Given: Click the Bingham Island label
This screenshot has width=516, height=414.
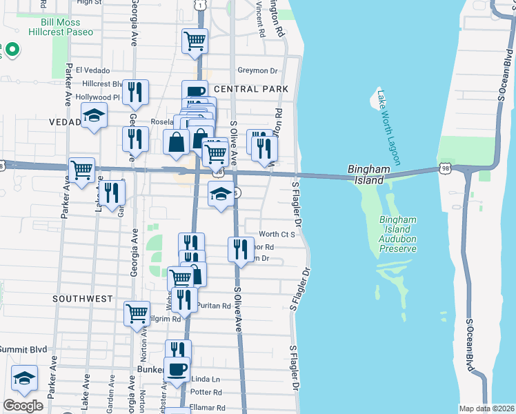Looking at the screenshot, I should (364, 175).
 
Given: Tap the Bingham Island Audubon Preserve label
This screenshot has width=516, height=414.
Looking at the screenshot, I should (399, 234).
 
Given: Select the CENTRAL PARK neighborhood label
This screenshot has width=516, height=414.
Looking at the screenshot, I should (250, 89).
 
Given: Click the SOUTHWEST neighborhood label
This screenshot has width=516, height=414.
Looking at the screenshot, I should (81, 299).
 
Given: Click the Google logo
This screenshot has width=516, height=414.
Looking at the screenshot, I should (23, 406).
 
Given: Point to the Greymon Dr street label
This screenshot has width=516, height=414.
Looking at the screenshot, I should (257, 70).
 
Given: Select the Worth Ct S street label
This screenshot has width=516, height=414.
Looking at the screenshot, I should (277, 235).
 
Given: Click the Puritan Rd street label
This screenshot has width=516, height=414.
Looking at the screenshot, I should (215, 305).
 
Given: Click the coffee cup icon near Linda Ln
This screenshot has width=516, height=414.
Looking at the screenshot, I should (176, 368).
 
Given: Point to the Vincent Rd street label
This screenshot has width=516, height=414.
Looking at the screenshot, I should (260, 19).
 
